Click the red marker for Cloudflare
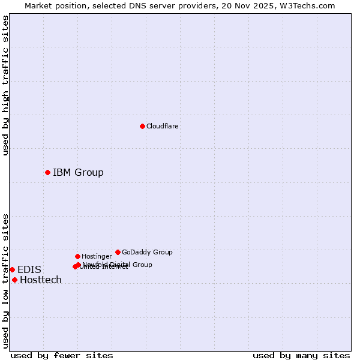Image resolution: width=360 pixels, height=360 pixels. point(142,126)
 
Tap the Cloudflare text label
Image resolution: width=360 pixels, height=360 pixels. point(162,126)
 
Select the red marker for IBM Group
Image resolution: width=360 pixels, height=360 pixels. point(47,172)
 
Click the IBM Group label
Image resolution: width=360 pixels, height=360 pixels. point(78,173)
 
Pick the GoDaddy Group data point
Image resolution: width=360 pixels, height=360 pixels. point(118,252)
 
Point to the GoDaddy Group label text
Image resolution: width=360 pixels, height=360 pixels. point(147,252)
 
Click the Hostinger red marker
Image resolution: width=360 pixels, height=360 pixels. point(77,256)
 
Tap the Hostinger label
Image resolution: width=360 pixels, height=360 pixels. point(97,256)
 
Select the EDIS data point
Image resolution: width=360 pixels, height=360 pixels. point(12,269)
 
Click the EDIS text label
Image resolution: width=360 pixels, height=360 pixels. point(29,270)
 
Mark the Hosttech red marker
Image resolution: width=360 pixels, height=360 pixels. point(14,280)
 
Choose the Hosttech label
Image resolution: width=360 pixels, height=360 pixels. point(41,280)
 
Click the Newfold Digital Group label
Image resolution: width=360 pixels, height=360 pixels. point(118,264)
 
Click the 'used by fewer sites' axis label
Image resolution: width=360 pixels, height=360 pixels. point(62,355)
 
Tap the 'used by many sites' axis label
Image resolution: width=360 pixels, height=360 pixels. point(301,355)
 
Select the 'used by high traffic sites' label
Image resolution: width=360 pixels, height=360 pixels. point(5,86)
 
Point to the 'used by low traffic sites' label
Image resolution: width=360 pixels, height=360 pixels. point(5,281)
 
